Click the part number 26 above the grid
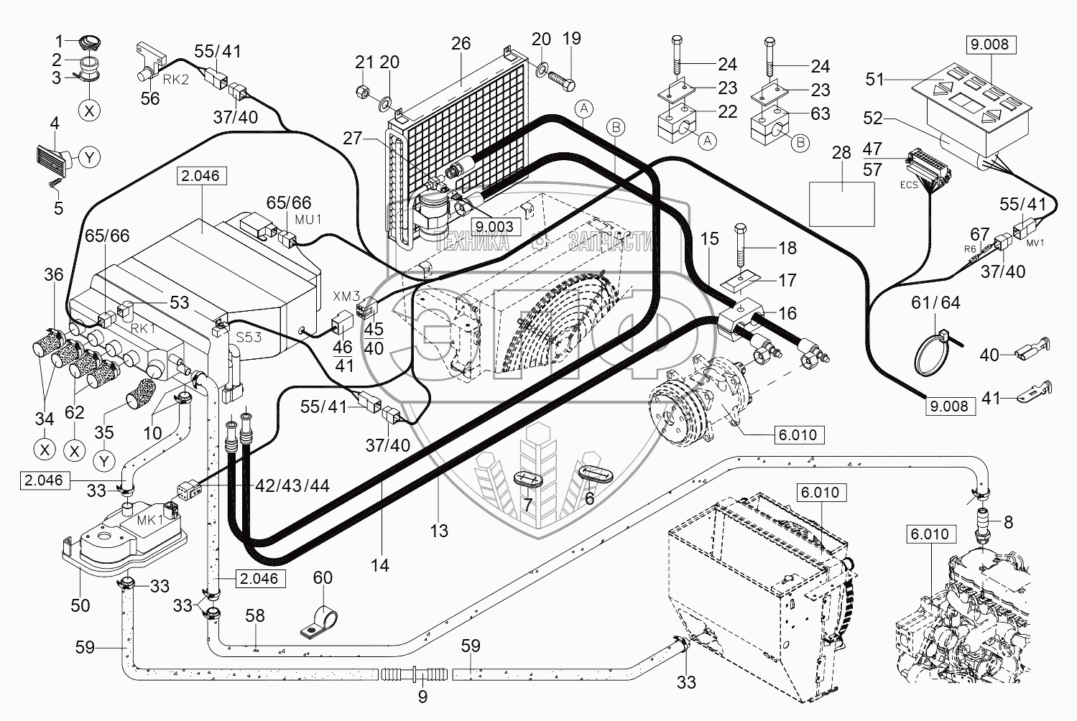[x=461, y=43]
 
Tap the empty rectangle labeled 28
[x=841, y=204]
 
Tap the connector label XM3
[x=346, y=296]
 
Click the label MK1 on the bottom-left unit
[x=150, y=521]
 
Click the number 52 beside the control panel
[x=873, y=118]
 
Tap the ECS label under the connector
[x=909, y=185]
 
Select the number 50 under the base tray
[x=80, y=605]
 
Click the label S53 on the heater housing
[x=249, y=337]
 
